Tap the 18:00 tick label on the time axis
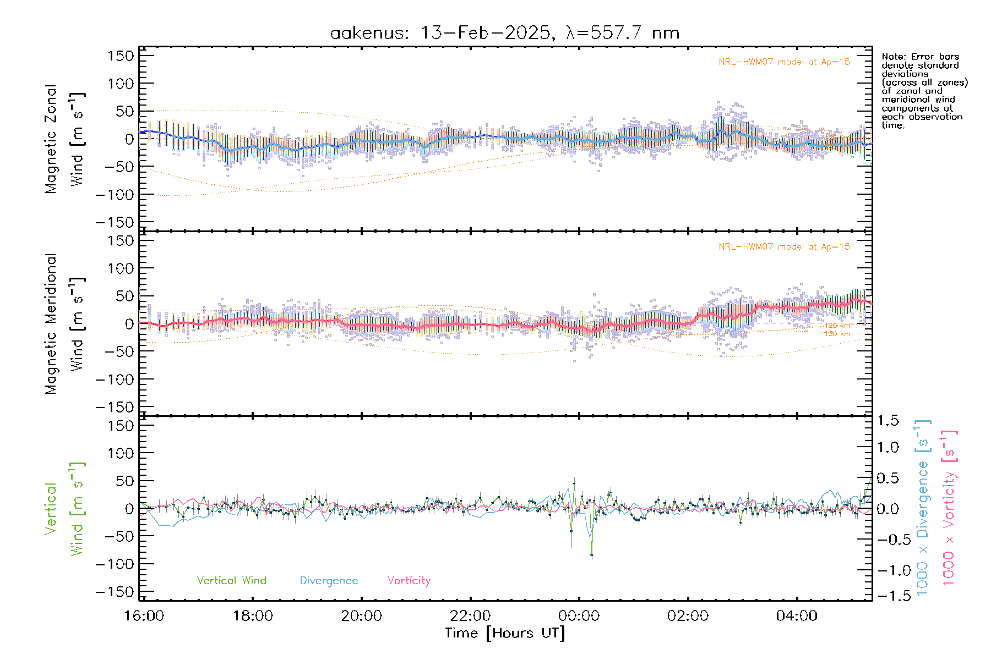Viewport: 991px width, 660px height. pyautogui.click(x=253, y=616)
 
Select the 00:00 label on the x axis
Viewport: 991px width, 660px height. pyautogui.click(x=579, y=616)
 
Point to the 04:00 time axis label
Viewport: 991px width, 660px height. pyautogui.click(x=797, y=616)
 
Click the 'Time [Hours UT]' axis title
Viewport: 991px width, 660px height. pyautogui.click(x=505, y=634)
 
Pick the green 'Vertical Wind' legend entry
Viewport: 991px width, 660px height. pyautogui.click(x=231, y=581)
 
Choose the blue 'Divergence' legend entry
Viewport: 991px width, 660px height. pyautogui.click(x=329, y=581)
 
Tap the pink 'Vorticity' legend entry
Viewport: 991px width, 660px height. pyautogui.click(x=409, y=581)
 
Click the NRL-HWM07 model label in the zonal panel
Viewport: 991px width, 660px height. pyautogui.click(x=784, y=62)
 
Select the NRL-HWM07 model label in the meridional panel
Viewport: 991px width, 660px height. pyautogui.click(x=784, y=247)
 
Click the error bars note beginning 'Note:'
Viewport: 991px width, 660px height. pyautogui.click(x=924, y=91)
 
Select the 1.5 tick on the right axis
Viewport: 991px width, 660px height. pyautogui.click(x=887, y=421)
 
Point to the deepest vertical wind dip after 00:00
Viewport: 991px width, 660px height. pyautogui.click(x=592, y=555)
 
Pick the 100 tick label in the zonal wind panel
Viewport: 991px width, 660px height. pyautogui.click(x=121, y=84)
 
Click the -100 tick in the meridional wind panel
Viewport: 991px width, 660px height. pyautogui.click(x=115, y=380)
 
